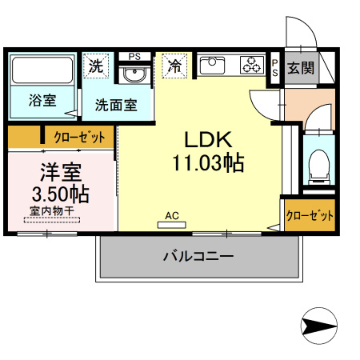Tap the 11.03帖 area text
(x=207, y=163)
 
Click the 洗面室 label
(x=116, y=104)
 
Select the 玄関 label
(x=301, y=67)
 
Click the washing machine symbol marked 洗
(x=96, y=66)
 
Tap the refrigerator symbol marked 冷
(x=174, y=66)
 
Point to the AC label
(x=171, y=215)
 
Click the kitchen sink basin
(x=214, y=66)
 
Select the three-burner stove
(x=252, y=65)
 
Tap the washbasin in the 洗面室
(x=134, y=75)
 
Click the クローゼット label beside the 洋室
(x=79, y=138)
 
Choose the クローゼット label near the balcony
(x=310, y=215)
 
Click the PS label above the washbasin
(x=134, y=56)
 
